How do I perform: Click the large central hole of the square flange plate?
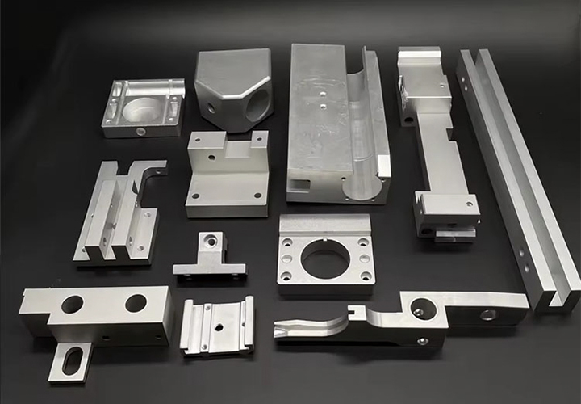325,259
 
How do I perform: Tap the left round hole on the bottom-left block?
72,305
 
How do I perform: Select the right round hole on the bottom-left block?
136,303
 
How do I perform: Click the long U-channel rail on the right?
516,178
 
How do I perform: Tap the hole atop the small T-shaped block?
211,239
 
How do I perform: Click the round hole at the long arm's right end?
488,314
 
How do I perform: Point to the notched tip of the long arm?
286,330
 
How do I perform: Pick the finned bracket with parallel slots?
117,214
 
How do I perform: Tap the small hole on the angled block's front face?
211,106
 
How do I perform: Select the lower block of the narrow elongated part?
445,212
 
